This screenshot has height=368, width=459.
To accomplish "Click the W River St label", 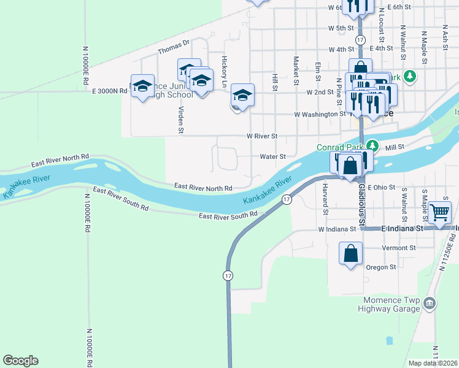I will point(262,136).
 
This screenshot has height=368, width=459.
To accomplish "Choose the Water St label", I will point(273,156).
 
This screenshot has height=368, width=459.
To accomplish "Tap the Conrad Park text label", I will point(340,147).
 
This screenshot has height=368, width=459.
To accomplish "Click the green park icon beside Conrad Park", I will point(372,146).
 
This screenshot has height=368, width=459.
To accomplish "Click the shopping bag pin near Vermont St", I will point(350,253).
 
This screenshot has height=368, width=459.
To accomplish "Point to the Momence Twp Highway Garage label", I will point(391,304).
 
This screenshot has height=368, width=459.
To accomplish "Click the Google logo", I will point(20,361).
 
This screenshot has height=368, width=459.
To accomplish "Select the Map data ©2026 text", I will point(433,363).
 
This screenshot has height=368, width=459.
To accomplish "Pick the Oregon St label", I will point(382,267).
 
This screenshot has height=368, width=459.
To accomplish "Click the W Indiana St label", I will point(337,229).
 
